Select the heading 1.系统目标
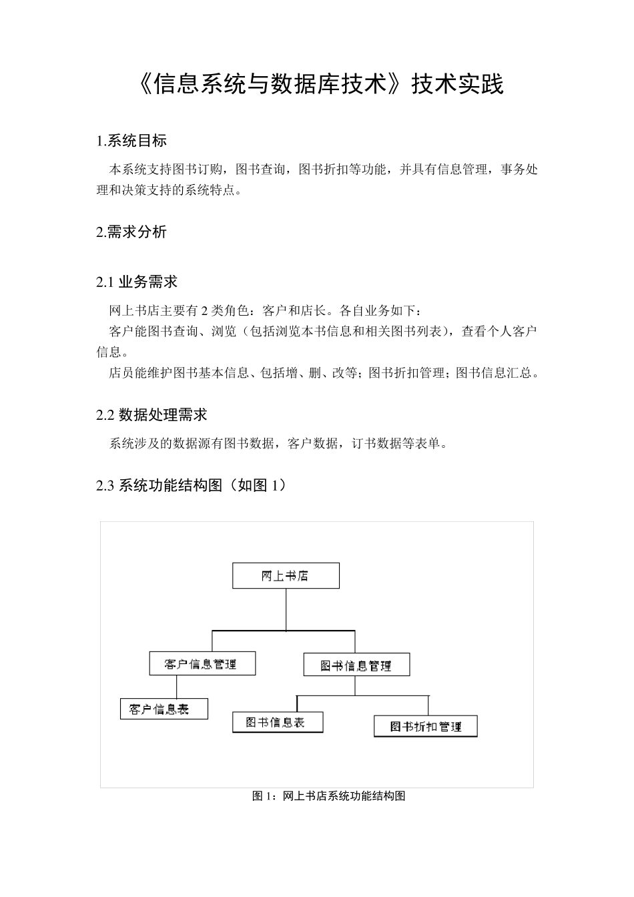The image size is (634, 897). tap(131, 141)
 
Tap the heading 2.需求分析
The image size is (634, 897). tap(131, 232)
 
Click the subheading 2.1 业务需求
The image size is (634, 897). tap(137, 282)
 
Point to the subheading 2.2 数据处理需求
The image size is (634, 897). tap(151, 415)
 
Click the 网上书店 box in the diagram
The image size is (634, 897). tap(286, 576)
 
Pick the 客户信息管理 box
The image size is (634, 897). tap(202, 664)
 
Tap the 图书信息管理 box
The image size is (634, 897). tap(356, 665)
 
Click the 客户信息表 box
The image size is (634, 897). tap(164, 709)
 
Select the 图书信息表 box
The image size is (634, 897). tap(278, 722)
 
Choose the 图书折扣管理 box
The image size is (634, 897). tap(426, 726)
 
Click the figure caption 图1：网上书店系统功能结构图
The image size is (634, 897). tap(329, 796)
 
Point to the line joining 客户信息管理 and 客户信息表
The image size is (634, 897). tap(177, 687)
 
